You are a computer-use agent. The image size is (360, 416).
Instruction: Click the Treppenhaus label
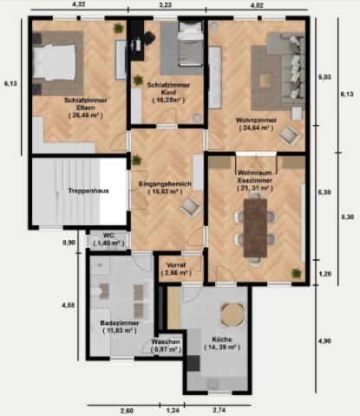pos(88,191)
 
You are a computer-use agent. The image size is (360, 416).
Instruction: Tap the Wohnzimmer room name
pos(255,119)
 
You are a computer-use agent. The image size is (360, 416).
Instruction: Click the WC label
pos(108,235)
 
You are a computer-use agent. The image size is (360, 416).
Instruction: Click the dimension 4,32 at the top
pos(78,5)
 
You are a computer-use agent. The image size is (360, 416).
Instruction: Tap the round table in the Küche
pos(230,313)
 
